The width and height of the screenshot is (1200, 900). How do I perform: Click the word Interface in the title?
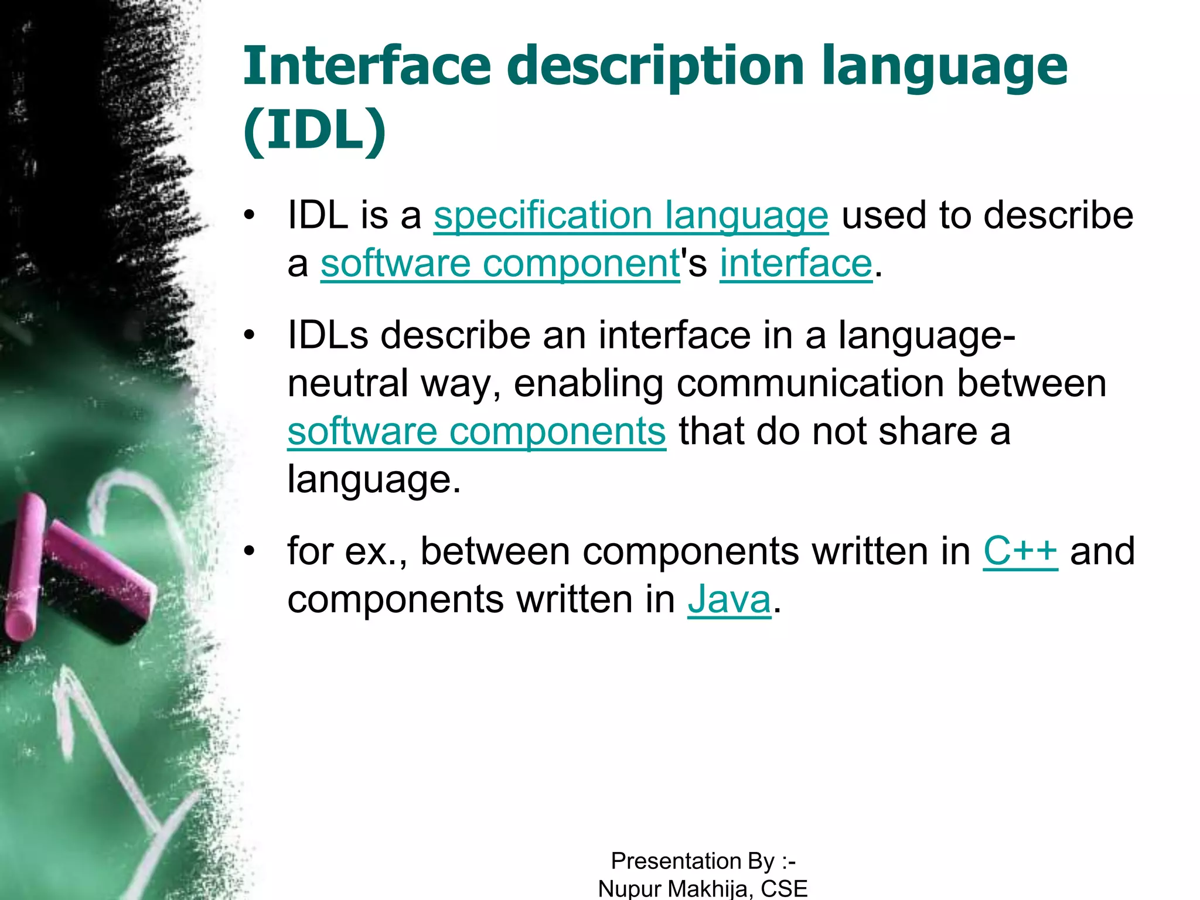366,66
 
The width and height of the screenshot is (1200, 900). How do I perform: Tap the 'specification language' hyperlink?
630,216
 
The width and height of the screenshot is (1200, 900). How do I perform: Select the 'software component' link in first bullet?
499,264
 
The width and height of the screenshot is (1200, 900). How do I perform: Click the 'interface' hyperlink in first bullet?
796,264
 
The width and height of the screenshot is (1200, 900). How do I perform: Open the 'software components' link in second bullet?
476,431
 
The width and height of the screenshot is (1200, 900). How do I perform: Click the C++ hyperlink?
1020,551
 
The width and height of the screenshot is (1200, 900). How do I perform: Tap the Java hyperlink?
729,600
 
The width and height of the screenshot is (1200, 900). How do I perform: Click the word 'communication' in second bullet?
810,384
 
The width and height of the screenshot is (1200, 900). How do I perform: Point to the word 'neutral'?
347,384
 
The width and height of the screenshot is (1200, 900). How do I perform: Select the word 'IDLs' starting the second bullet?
328,336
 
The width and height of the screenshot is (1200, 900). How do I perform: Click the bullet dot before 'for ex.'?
250,551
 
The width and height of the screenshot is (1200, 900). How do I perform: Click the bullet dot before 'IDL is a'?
250,216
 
